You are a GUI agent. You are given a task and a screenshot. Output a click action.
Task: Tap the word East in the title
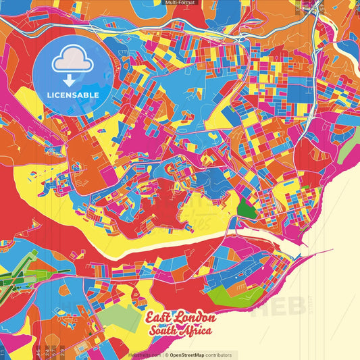(x=160, y=318)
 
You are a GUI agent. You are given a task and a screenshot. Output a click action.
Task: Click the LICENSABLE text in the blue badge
(x=74, y=95)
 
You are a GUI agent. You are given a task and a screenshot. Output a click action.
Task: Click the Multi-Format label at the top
(x=180, y=3)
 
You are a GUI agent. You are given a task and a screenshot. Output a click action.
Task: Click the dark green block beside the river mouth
(x=247, y=210)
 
